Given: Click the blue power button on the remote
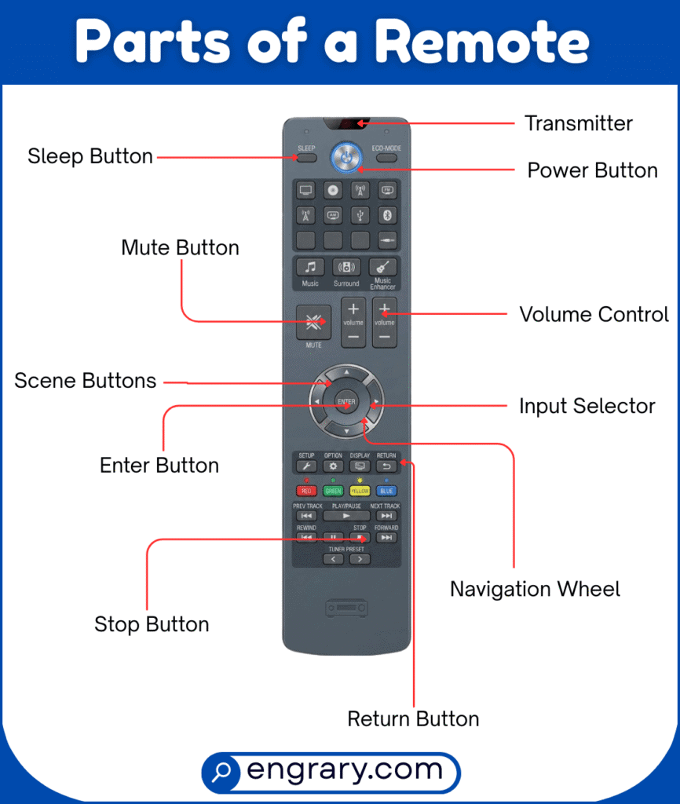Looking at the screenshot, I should click(x=346, y=155).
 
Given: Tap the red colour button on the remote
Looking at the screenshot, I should click(x=306, y=491).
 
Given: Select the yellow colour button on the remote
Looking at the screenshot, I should click(x=360, y=491).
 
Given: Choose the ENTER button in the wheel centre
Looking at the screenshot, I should click(x=346, y=403).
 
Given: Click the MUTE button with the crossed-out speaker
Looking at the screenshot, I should click(x=313, y=322).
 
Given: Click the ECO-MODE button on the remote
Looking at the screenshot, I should click(x=387, y=157).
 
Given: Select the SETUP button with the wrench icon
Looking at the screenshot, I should click(x=306, y=466).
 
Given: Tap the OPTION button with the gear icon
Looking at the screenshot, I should click(x=333, y=466).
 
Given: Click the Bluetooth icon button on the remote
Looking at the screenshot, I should click(x=386, y=214).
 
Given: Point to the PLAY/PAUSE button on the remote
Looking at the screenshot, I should click(x=346, y=516).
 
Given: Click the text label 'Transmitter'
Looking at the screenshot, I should click(x=579, y=123).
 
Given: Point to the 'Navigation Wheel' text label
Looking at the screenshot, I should click(x=535, y=589).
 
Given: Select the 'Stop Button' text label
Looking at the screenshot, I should click(x=152, y=624).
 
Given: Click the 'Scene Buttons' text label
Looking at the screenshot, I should click(x=86, y=381).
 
